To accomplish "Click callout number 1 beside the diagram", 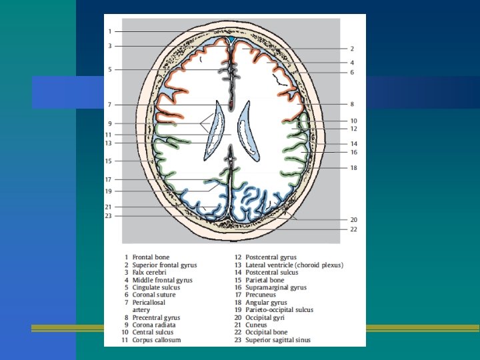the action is click(110, 31).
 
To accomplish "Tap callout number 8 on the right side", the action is click(351, 104).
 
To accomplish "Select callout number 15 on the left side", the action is click(108, 161).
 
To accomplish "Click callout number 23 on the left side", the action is click(108, 215).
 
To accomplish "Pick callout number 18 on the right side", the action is click(353, 168).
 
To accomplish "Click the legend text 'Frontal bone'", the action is click(151, 257).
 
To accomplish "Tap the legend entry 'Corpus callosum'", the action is click(157, 340).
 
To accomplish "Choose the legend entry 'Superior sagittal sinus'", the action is click(278, 340).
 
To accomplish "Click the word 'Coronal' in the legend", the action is click(145, 295).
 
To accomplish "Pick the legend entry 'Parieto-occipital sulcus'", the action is click(279, 310).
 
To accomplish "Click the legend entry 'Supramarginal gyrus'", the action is click(276, 287).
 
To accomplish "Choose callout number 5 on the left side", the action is click(110, 69).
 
